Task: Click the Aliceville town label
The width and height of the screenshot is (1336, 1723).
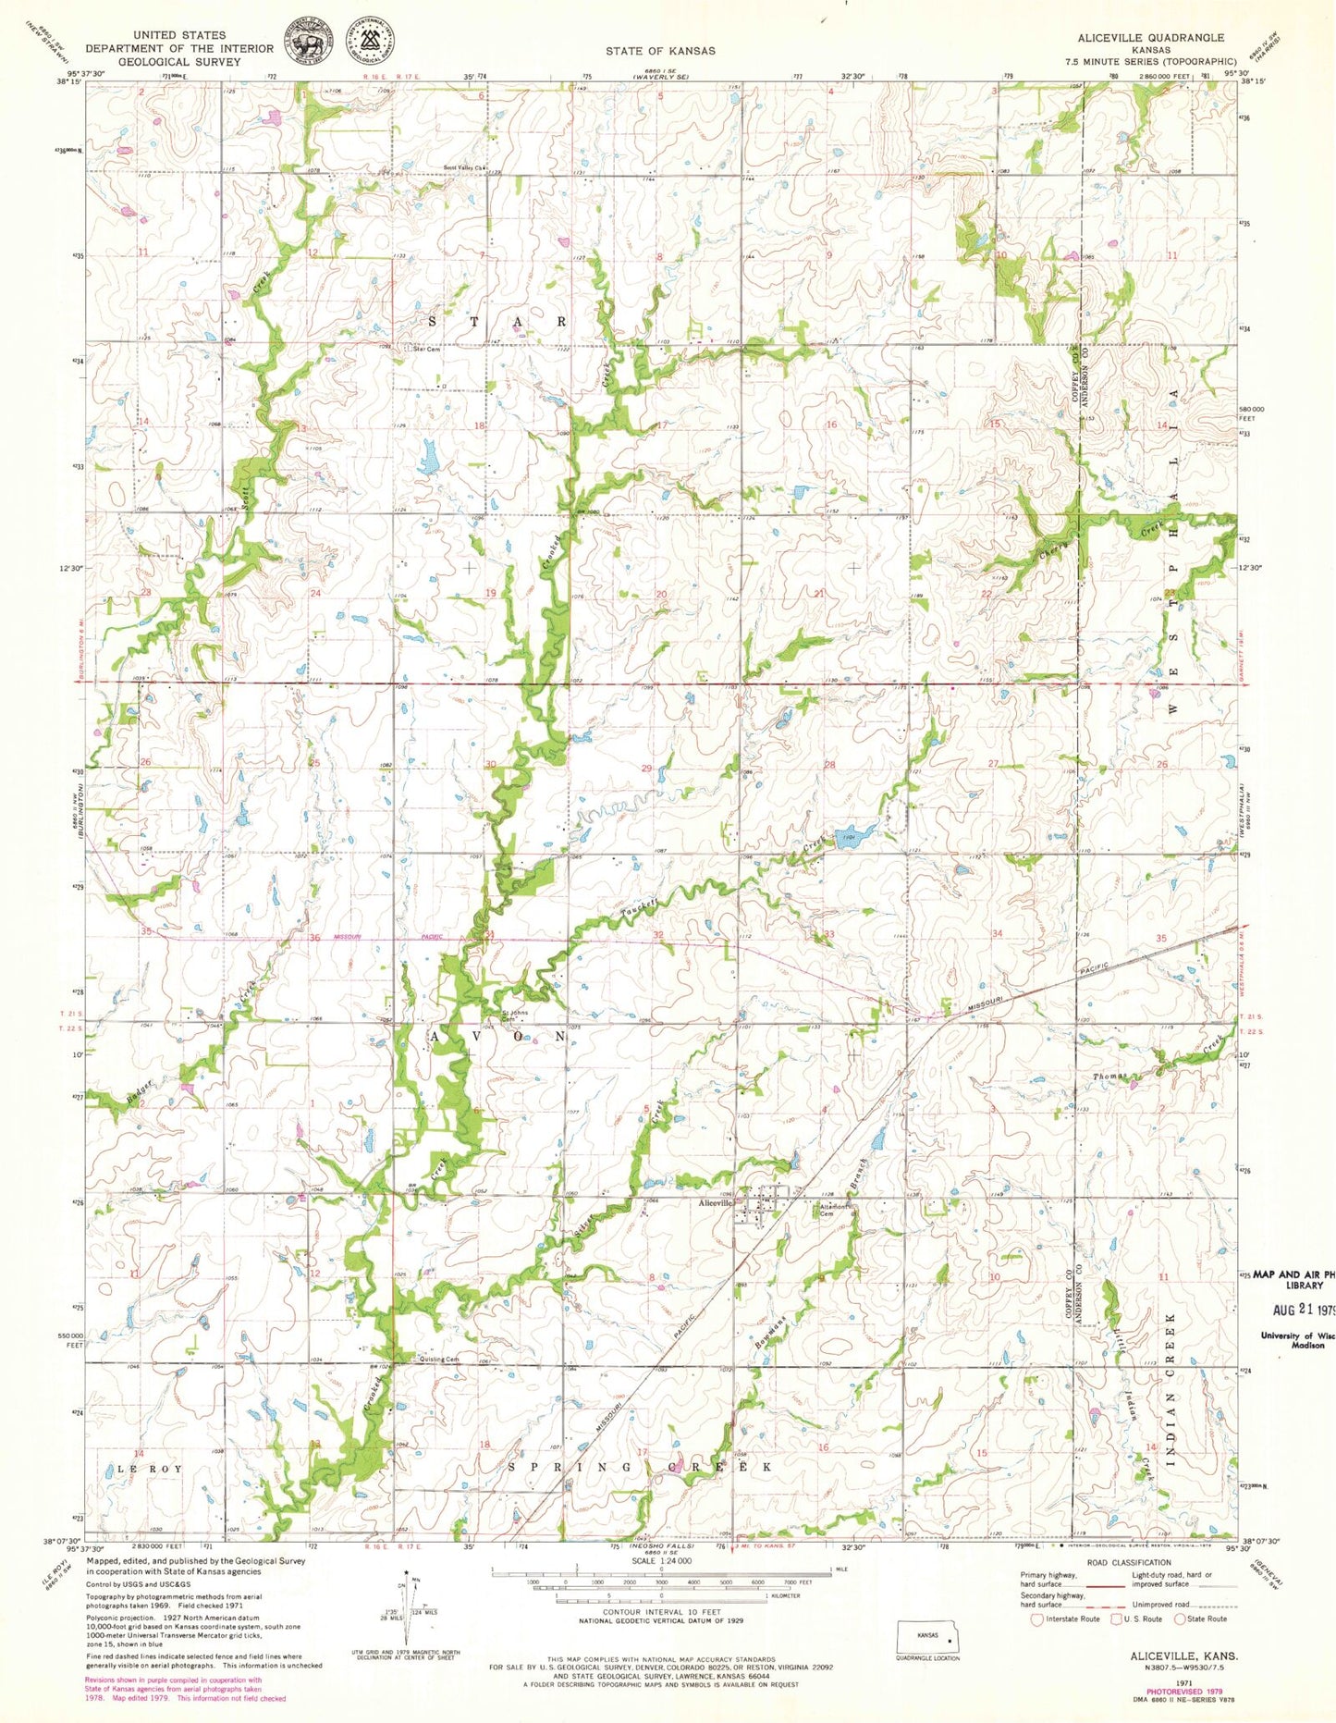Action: pos(716,1203)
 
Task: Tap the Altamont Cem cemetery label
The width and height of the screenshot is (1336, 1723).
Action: pos(827,1210)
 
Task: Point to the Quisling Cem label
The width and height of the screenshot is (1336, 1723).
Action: pos(439,1360)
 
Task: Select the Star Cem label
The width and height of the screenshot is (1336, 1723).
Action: pos(426,350)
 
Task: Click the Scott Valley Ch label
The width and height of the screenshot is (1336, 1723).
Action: pos(463,168)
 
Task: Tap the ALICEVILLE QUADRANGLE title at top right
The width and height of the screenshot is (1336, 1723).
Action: pos(1150,38)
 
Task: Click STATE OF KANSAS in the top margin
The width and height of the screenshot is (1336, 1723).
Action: pos(660,51)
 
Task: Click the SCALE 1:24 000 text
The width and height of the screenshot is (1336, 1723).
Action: pos(661,1562)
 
